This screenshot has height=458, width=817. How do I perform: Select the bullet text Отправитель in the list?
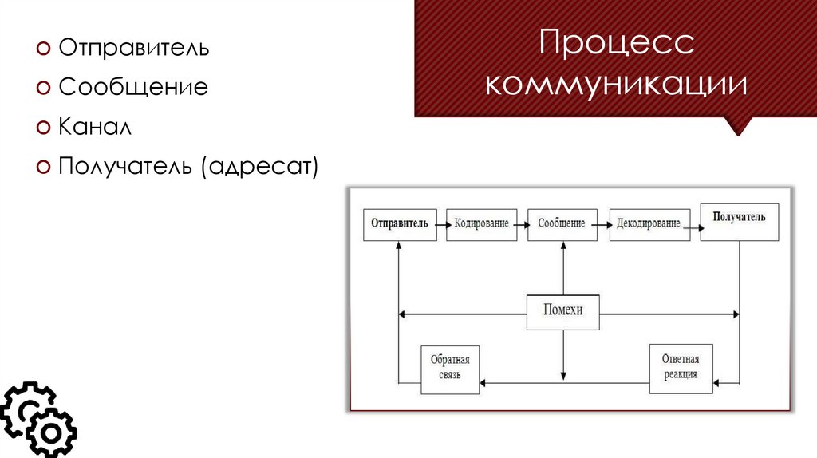(x=133, y=48)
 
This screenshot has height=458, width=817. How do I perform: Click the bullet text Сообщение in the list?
(x=132, y=87)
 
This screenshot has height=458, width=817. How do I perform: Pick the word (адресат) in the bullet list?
(x=259, y=166)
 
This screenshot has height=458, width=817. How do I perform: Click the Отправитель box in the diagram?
(x=400, y=224)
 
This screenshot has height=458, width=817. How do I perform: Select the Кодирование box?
(x=482, y=224)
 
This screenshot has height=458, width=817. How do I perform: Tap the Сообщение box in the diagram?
(x=562, y=224)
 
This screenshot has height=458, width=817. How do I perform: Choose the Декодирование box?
(x=649, y=224)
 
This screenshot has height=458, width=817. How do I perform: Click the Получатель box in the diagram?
(x=739, y=221)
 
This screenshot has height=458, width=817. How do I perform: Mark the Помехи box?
(x=562, y=311)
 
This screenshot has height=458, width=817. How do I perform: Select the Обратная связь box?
(x=451, y=369)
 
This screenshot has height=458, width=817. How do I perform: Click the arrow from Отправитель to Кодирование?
(x=441, y=224)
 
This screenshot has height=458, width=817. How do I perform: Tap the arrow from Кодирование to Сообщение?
(x=524, y=225)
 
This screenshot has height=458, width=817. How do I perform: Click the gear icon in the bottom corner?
(x=36, y=420)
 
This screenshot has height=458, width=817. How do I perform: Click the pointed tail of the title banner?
(x=740, y=126)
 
